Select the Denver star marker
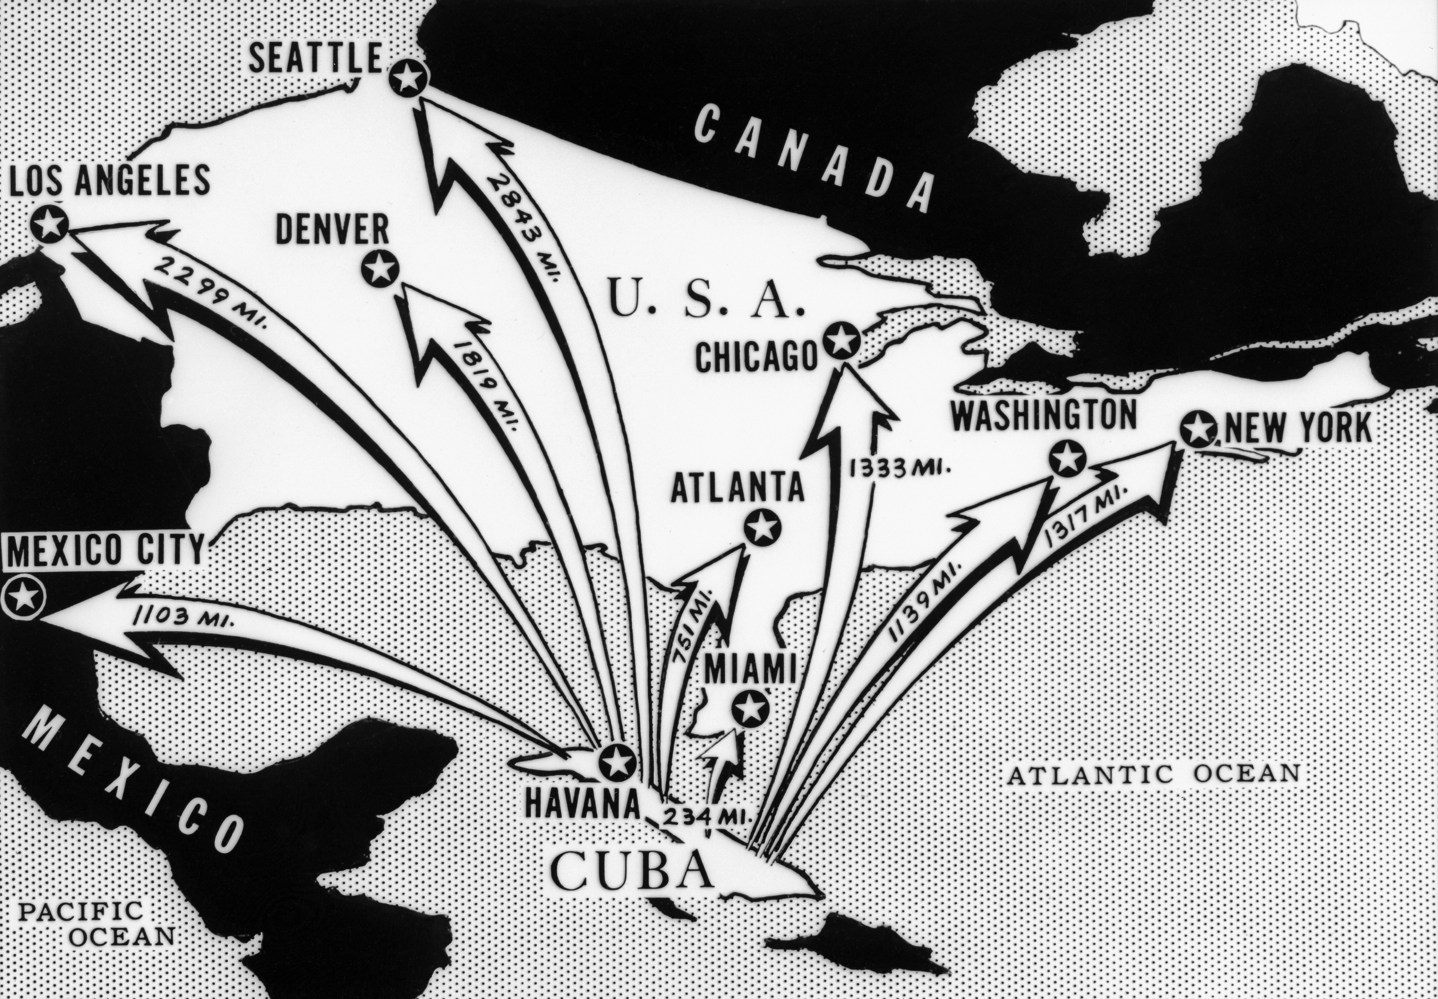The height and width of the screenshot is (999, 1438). pos(380,269)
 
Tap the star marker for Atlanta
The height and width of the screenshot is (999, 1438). pos(762,528)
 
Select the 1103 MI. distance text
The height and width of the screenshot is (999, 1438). pos(183,618)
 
